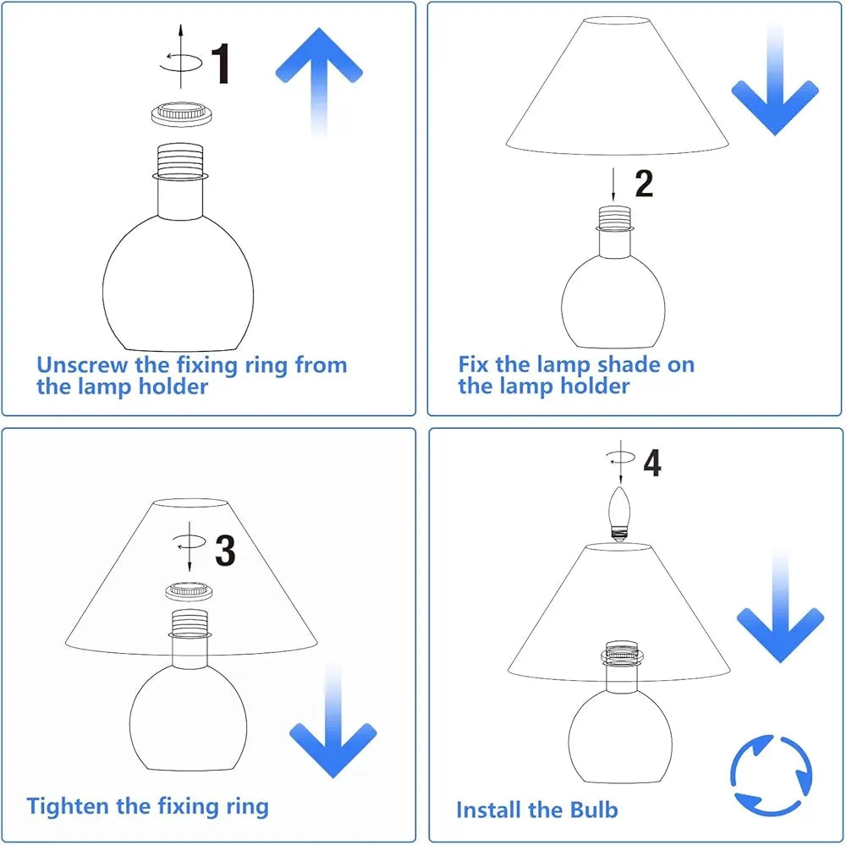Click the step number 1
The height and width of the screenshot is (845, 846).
pyautogui.click(x=221, y=63)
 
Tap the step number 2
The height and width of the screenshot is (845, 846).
pyautogui.click(x=644, y=184)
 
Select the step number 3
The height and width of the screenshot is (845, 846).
pyautogui.click(x=226, y=551)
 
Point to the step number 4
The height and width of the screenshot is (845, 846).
pyautogui.click(x=652, y=463)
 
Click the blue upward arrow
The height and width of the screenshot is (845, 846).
pyautogui.click(x=320, y=81)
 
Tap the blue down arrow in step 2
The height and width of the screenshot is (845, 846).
pyautogui.click(x=775, y=81)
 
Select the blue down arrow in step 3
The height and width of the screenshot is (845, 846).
pyautogui.click(x=332, y=721)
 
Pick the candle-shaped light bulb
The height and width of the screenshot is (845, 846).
pyautogui.click(x=620, y=513)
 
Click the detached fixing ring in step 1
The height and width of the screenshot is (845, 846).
pyautogui.click(x=181, y=114)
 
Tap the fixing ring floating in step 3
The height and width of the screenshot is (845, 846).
pyautogui.click(x=190, y=592)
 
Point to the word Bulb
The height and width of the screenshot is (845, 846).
pyautogui.click(x=594, y=810)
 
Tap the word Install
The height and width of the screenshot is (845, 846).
pyautogui.click(x=489, y=810)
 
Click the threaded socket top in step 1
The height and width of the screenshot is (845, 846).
pyautogui.click(x=180, y=160)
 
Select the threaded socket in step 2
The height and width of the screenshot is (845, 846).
pyautogui.click(x=614, y=218)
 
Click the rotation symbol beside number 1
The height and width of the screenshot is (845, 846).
pyautogui.click(x=181, y=63)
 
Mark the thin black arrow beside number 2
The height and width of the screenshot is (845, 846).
pyautogui.click(x=613, y=184)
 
